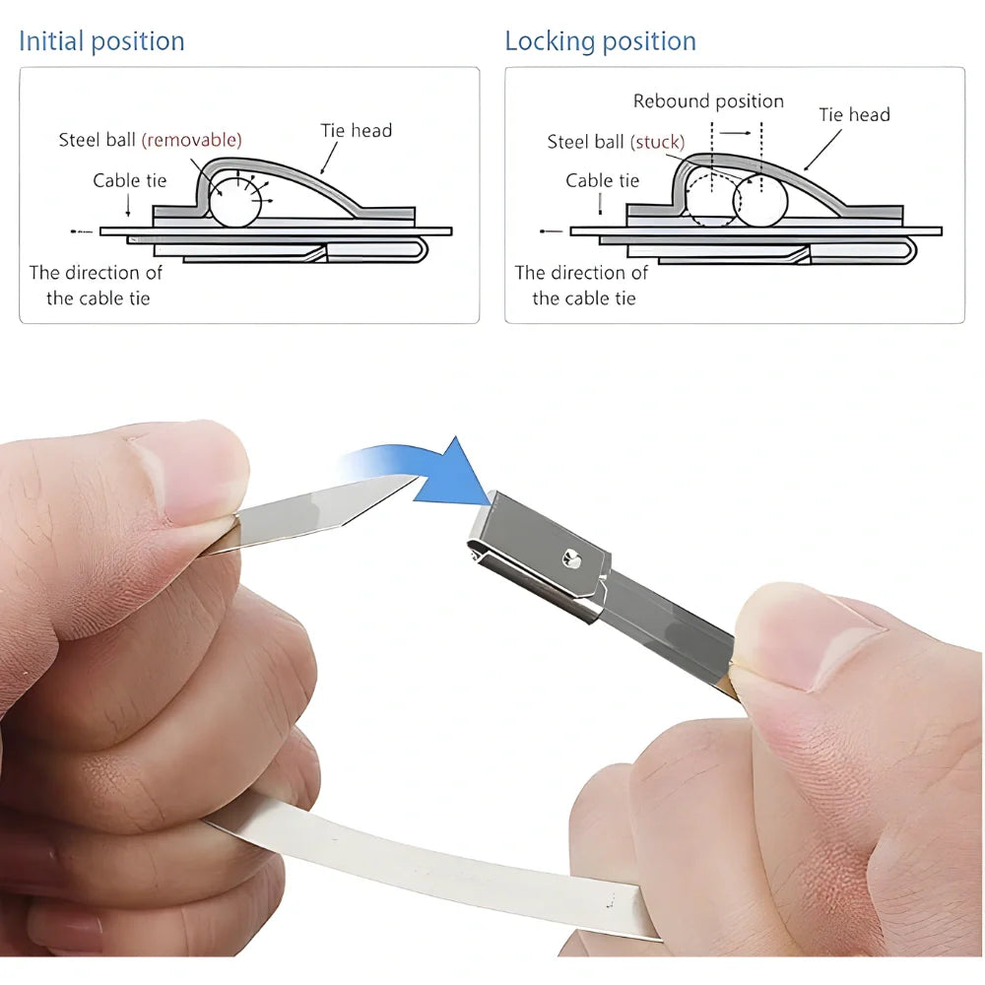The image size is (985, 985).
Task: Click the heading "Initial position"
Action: tap(101, 41)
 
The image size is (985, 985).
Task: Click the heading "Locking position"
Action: tap(601, 41)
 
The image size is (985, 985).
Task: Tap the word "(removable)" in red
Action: tap(192, 140)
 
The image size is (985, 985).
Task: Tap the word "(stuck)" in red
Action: tap(657, 142)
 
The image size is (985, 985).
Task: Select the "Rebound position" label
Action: tap(708, 101)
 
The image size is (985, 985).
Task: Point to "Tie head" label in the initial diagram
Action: tap(357, 130)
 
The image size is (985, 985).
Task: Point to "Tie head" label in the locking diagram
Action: tap(854, 114)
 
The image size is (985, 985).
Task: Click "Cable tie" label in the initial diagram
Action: tap(130, 180)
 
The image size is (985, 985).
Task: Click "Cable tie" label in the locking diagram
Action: tap(603, 180)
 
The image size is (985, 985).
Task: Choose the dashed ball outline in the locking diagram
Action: tap(689, 200)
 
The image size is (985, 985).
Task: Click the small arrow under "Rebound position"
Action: tap(735, 133)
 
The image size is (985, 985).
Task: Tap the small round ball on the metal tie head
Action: tap(571, 558)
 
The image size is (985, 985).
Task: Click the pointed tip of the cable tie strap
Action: tap(419, 476)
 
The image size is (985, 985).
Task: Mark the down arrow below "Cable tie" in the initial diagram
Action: tap(128, 205)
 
